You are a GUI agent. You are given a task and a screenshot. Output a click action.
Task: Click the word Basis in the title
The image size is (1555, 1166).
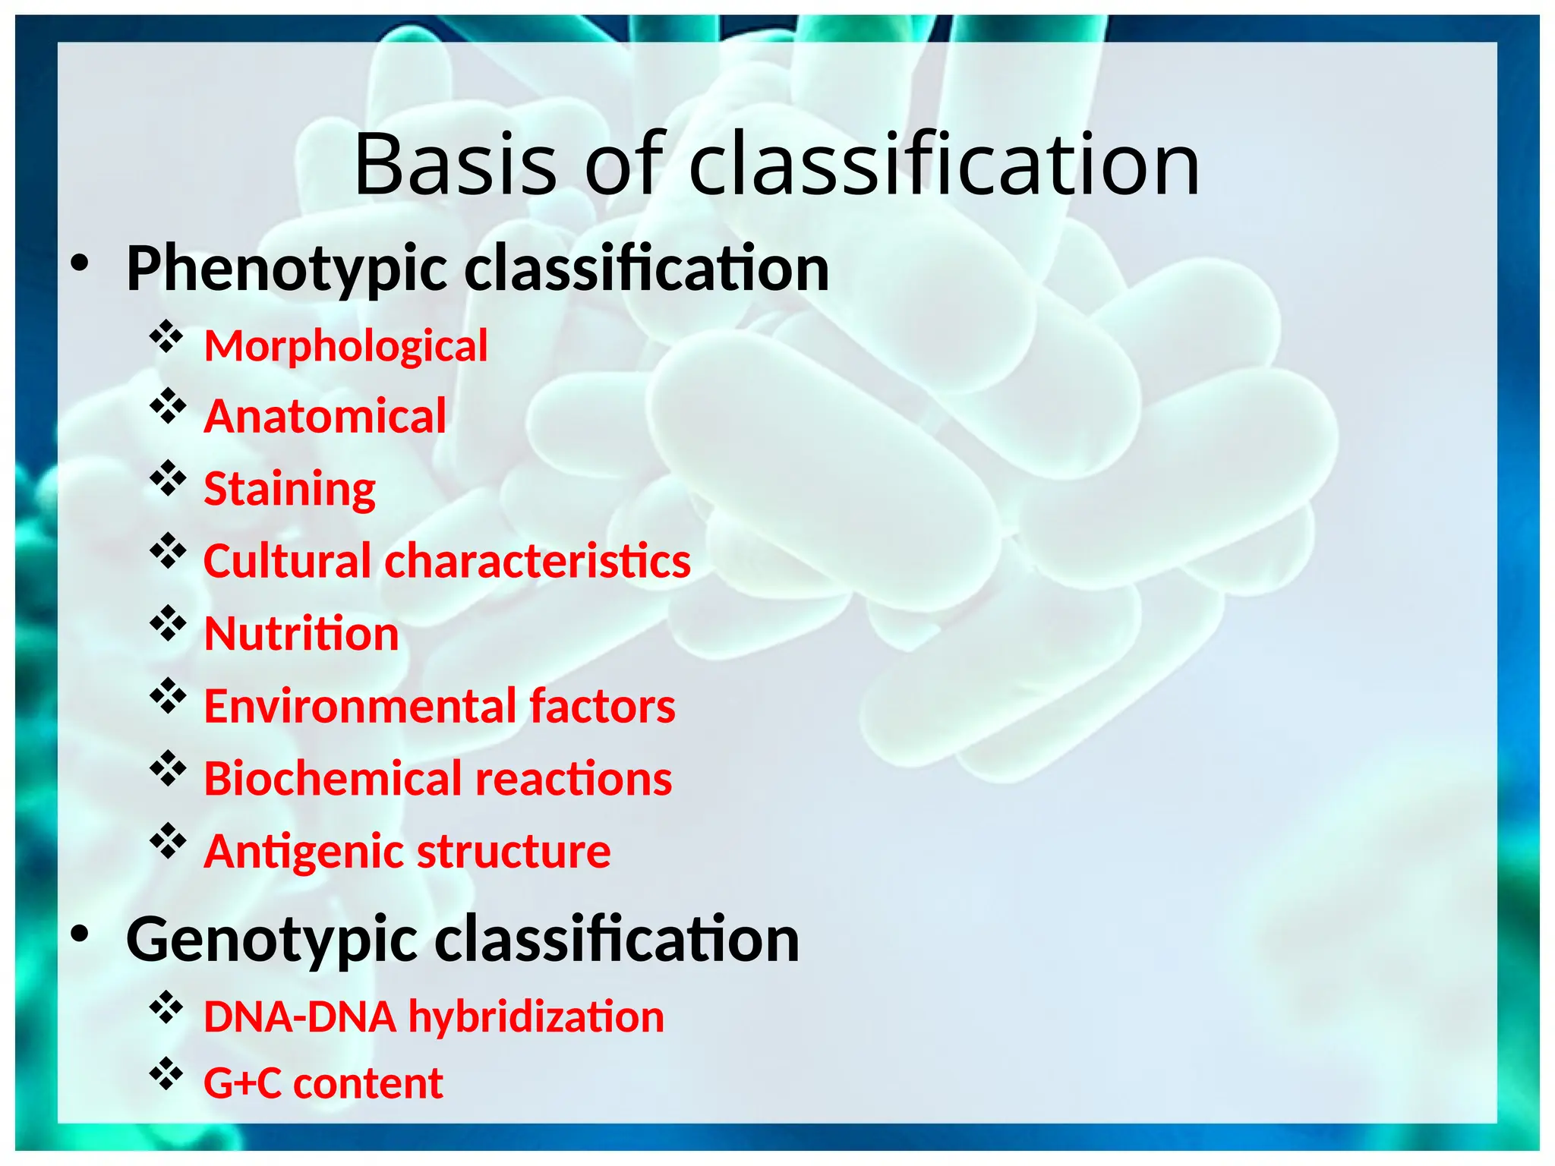456,165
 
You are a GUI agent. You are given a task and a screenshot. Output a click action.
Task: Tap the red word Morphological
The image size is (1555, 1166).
345,347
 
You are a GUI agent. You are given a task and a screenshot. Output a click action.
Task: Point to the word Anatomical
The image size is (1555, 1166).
325,417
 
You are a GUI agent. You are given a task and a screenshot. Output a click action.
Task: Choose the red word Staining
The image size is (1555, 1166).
289,489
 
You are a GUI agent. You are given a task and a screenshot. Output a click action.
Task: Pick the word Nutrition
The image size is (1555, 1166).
301,634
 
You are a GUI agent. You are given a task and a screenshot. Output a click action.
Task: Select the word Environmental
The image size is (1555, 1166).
360,707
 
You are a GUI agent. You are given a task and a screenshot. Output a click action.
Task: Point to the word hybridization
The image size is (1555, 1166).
536,1017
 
